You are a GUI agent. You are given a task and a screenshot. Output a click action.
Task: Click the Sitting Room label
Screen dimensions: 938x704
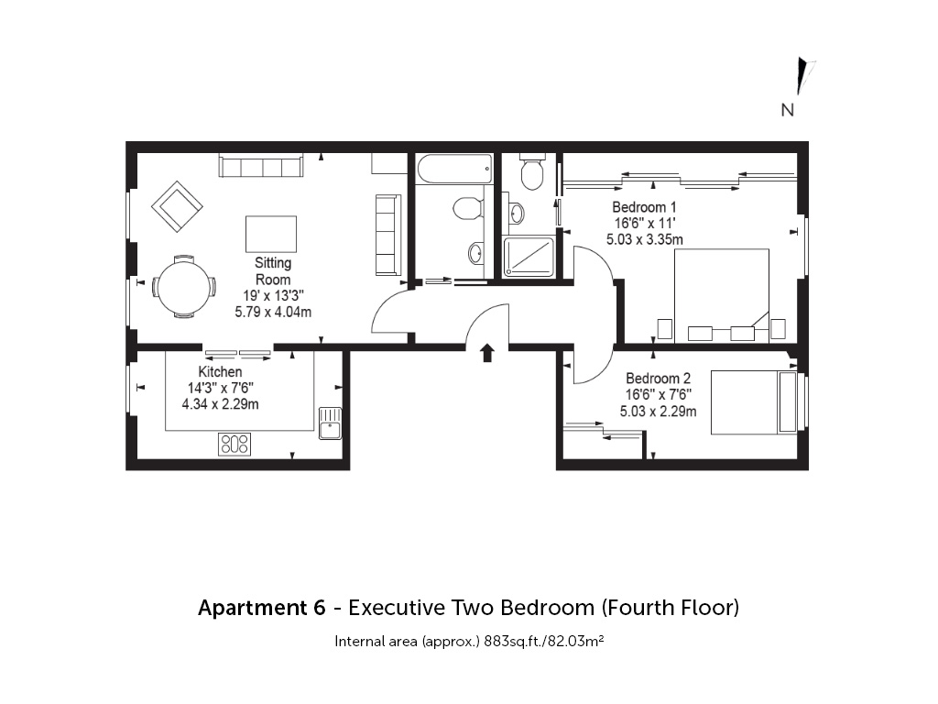pos(273,271)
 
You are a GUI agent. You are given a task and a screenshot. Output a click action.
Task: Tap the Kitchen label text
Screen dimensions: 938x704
pos(220,372)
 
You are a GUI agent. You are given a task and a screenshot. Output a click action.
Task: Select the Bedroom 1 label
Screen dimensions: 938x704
pos(644,207)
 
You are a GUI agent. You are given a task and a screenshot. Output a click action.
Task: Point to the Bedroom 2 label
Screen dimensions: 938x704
pos(658,379)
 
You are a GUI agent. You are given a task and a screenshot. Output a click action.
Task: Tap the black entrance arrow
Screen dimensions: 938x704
pos(487,353)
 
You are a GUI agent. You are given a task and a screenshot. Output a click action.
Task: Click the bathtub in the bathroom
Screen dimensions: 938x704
pos(454,170)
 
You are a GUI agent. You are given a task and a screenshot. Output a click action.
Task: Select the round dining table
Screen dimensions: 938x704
pos(183,287)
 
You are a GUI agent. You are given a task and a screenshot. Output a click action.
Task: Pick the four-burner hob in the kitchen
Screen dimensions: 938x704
pos(234,445)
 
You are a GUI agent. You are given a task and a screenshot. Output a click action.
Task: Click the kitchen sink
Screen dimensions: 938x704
pos(330,423)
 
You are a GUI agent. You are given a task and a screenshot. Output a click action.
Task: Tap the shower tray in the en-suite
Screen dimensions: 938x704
pos(529,258)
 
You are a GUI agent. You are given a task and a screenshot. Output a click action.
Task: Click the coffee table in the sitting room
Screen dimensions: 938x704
pos(271,234)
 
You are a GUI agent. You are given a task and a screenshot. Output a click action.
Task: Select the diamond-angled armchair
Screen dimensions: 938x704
pos(177,206)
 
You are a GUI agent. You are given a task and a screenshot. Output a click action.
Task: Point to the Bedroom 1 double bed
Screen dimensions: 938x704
pos(722,296)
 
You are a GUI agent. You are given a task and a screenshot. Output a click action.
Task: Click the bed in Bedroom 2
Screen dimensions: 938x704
pos(754,402)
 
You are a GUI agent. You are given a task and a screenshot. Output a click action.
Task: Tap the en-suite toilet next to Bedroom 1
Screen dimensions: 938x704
pos(532,171)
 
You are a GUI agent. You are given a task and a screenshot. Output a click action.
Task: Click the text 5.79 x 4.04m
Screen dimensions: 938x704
pos(273,312)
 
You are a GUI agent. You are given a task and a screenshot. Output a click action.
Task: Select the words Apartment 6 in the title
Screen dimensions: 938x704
pos(262,608)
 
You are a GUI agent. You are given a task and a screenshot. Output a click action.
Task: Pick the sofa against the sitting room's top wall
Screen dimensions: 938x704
pos(261,166)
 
